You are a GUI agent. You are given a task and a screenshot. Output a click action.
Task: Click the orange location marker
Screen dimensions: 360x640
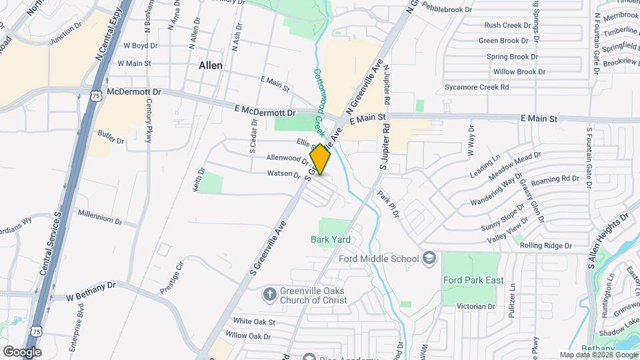(x=321, y=160)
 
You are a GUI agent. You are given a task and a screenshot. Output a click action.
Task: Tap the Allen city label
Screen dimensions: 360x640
(x=211, y=66)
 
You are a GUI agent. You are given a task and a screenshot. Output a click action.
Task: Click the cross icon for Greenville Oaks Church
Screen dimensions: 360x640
(x=269, y=293)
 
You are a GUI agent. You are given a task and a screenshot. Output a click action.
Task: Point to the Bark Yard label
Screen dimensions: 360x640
(x=331, y=239)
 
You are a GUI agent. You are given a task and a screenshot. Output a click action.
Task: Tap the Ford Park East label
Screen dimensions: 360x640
(x=473, y=280)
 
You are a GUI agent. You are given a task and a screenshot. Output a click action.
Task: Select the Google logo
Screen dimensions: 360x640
(x=22, y=351)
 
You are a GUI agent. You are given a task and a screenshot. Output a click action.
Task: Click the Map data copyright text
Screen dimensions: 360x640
(x=598, y=355)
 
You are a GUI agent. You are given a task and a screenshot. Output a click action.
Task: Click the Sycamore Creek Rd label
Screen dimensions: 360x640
(x=477, y=87)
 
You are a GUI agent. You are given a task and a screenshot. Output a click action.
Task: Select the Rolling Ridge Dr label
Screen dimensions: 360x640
(x=546, y=245)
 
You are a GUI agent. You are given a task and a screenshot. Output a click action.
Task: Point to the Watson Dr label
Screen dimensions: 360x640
(x=284, y=174)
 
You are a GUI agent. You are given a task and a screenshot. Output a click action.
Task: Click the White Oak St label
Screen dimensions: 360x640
(x=255, y=321)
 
